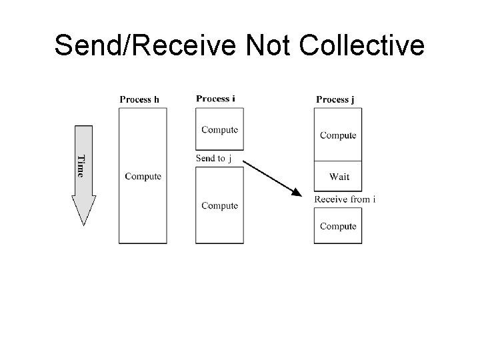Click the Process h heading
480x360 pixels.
[x=139, y=100]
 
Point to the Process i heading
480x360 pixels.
[x=215, y=99]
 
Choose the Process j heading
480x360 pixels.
[x=335, y=99]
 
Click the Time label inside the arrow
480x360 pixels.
[x=81, y=166]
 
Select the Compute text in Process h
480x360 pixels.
[x=143, y=177]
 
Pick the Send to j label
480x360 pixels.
[x=213, y=159]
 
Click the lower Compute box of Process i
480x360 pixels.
[x=219, y=205]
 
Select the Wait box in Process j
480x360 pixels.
[x=338, y=177]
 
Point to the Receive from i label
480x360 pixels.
[x=345, y=199]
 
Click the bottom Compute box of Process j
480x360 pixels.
[x=338, y=225]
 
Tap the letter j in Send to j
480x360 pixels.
[x=229, y=159]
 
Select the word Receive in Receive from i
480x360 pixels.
[x=330, y=199]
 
